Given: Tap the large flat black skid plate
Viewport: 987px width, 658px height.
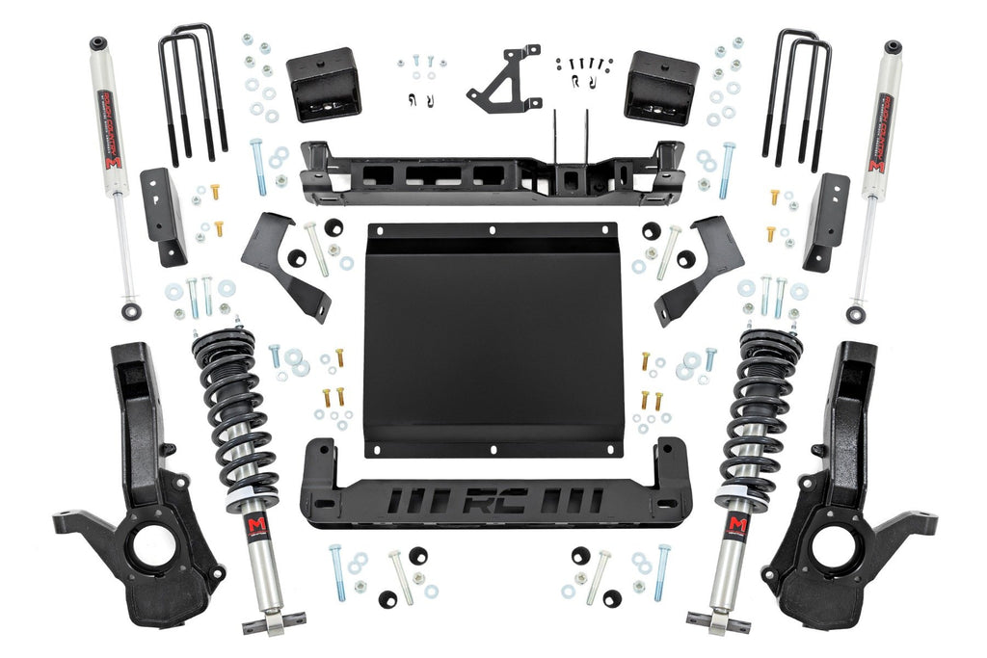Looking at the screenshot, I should point(493,338).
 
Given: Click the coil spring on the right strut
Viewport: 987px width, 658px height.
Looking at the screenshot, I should point(761,414).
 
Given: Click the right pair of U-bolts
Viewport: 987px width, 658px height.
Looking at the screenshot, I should point(797,96).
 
